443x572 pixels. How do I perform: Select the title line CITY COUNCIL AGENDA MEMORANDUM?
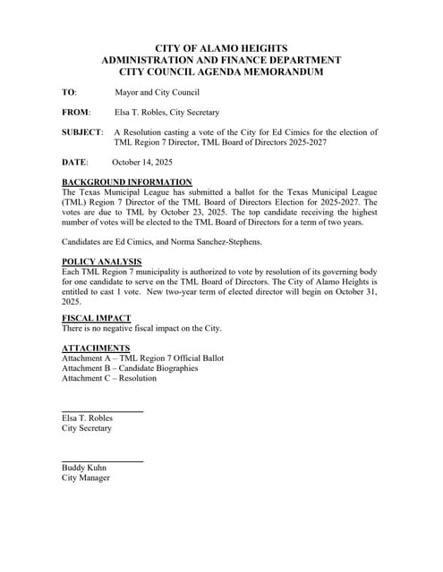[x=221, y=71]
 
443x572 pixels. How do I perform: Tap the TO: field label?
[x=69, y=92]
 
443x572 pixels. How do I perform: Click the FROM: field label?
[x=76, y=113]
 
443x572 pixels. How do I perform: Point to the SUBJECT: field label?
[x=82, y=132]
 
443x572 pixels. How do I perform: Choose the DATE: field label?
[x=75, y=163]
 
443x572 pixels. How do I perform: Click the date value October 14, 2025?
[x=142, y=163]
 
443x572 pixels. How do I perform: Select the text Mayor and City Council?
[x=158, y=92]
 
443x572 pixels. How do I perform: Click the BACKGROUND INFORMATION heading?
[x=126, y=182]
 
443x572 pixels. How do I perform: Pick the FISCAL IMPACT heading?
[x=97, y=318]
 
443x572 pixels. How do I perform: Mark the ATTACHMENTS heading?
[x=96, y=348]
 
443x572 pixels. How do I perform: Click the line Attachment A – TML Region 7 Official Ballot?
[x=143, y=357]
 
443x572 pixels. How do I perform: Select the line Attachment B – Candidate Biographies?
[x=130, y=368]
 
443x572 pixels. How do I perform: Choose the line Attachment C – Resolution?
[x=108, y=378]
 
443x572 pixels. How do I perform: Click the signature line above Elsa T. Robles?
[x=102, y=410]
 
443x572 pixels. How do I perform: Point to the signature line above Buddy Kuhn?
[x=102, y=460]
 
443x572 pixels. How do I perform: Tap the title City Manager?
[x=86, y=478]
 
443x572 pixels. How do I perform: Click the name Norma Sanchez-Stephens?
[x=209, y=242]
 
